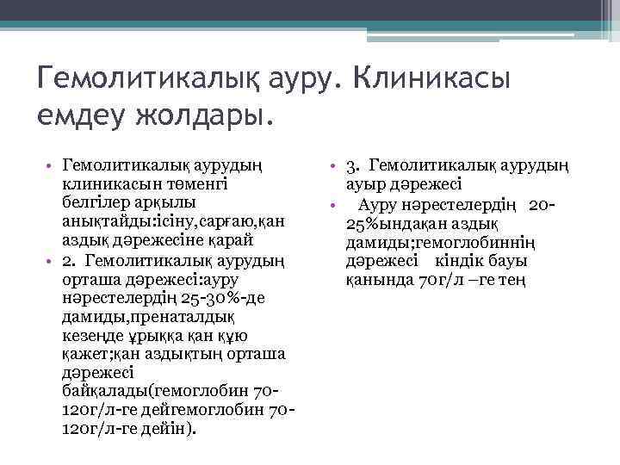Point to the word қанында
click(375, 279)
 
